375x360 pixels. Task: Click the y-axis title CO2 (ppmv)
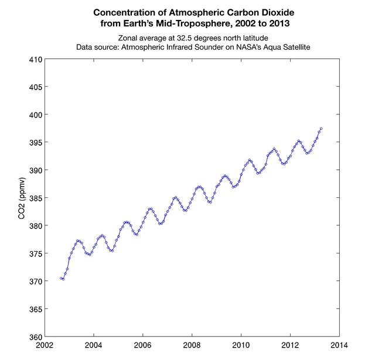pyautogui.click(x=22, y=198)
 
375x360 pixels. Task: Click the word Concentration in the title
pyautogui.click(x=122, y=12)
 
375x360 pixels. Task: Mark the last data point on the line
pyautogui.click(x=321, y=128)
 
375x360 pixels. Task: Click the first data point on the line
pyautogui.click(x=60, y=278)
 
